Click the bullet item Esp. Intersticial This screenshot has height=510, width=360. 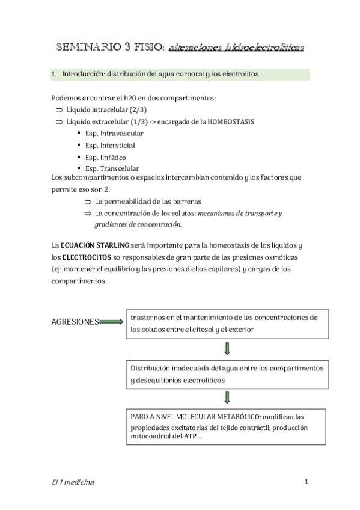(x=110, y=145)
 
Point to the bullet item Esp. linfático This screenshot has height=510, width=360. (x=106, y=157)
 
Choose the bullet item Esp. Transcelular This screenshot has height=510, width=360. (x=112, y=168)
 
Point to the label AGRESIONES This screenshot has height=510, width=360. (x=76, y=322)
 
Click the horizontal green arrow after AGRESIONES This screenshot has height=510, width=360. (x=111, y=322)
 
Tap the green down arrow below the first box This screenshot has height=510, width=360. (x=227, y=349)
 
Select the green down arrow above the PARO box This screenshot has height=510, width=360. (x=227, y=397)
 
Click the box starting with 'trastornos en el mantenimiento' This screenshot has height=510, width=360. (x=227, y=324)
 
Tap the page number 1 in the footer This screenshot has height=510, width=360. (x=306, y=482)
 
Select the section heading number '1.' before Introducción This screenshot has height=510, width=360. (x=54, y=75)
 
